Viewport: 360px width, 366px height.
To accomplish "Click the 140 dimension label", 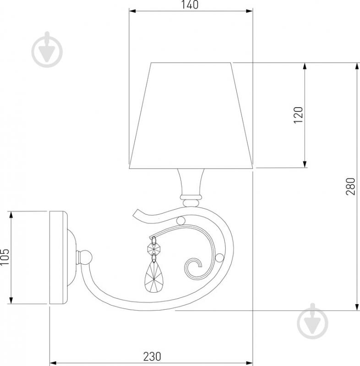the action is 190,5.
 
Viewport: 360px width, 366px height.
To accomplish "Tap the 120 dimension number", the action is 298,115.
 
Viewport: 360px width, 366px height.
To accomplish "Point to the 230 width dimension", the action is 152,356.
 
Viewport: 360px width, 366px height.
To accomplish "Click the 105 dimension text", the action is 5,257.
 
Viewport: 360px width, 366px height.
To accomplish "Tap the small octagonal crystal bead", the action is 154,249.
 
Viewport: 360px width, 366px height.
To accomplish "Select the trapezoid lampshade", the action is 191,115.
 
